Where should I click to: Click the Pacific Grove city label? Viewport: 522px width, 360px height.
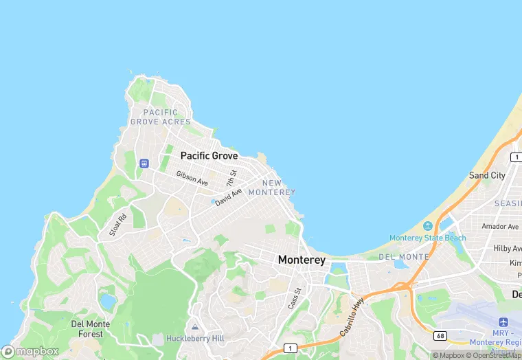(x=209, y=156)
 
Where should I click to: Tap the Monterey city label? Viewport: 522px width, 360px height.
(x=302, y=260)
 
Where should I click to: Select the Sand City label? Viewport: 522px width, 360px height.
(x=487, y=175)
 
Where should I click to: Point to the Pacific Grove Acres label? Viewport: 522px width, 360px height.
(x=160, y=117)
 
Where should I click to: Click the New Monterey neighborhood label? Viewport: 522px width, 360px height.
(x=271, y=188)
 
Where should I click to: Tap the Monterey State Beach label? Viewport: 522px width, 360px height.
(x=427, y=238)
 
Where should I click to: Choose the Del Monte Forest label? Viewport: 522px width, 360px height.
(x=87, y=329)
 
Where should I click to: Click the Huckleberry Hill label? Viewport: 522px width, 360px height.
(x=194, y=339)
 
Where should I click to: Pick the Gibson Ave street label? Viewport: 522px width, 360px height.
(x=192, y=179)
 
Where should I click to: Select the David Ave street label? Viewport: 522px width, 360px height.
(x=228, y=198)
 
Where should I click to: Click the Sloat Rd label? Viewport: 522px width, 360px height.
(x=118, y=226)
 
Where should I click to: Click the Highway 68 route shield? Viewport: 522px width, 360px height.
(x=440, y=335)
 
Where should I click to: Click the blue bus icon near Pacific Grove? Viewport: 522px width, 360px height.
(x=144, y=164)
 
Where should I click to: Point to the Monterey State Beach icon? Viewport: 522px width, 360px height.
(x=428, y=226)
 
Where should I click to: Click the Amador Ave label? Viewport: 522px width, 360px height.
(x=499, y=227)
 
